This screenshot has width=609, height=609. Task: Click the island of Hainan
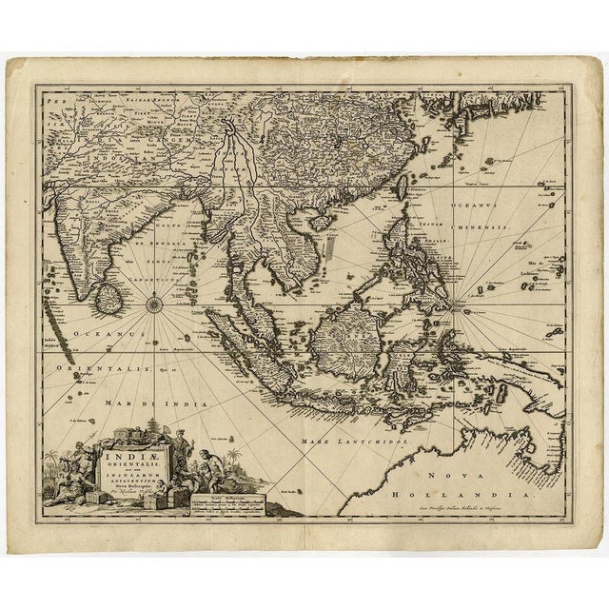pos(325,220)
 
